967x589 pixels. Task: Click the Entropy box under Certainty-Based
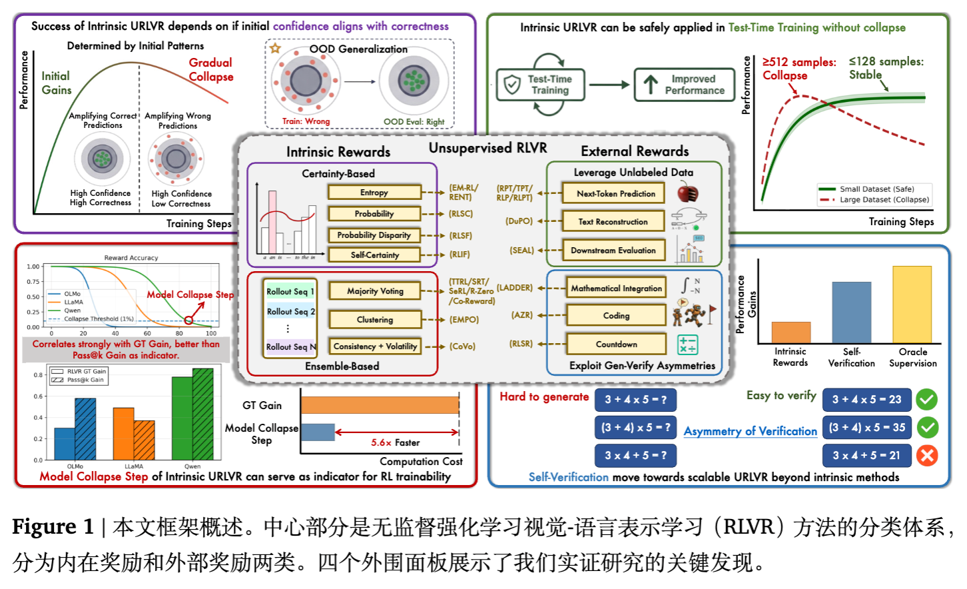[x=374, y=193]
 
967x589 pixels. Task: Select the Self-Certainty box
[x=374, y=255]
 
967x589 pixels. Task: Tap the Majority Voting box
[x=375, y=291]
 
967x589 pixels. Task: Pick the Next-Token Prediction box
[x=615, y=194]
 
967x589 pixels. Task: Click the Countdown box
[x=616, y=344]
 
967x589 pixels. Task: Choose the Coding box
[x=616, y=315]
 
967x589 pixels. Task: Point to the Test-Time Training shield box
[x=540, y=85]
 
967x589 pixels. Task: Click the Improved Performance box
[x=686, y=85]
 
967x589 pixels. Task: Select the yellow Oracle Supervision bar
[x=912, y=304]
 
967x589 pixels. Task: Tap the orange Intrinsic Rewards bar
[x=791, y=332]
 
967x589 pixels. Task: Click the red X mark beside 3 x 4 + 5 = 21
[x=926, y=455]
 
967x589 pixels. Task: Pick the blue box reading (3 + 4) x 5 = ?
[x=635, y=427]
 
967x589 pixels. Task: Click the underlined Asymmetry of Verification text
[x=750, y=431]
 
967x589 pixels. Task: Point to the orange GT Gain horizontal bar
[x=380, y=404]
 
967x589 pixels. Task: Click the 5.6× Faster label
[x=396, y=442]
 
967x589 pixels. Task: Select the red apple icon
[x=687, y=193]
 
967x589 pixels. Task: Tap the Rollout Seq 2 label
[x=290, y=311]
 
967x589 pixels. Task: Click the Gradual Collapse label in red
[x=210, y=69]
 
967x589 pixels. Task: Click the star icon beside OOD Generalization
[x=275, y=48]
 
